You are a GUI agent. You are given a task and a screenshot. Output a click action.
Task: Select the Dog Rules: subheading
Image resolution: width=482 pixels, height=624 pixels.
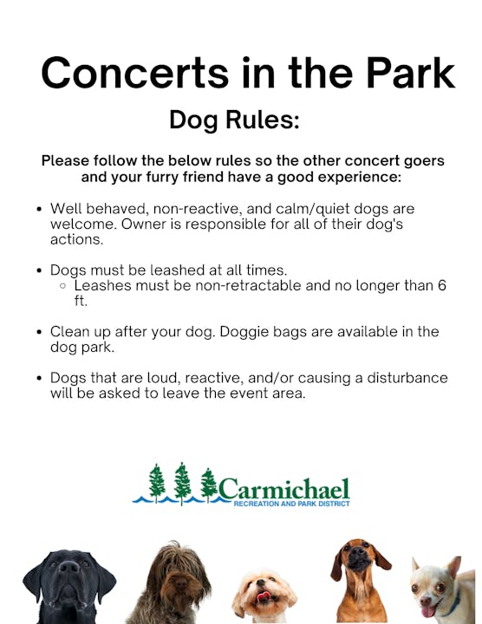point(234,120)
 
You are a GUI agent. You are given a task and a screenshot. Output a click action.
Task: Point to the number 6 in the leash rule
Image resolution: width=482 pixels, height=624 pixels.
point(441,284)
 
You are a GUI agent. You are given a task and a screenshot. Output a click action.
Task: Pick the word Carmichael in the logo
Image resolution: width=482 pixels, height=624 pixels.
point(284,488)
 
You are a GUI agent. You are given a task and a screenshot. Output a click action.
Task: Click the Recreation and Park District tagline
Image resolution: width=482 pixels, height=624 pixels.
point(291,504)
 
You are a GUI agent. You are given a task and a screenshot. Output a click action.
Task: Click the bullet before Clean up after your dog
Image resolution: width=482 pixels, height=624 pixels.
point(40,332)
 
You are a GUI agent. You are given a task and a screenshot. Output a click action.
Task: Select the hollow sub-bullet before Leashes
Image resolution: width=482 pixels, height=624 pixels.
point(63,285)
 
